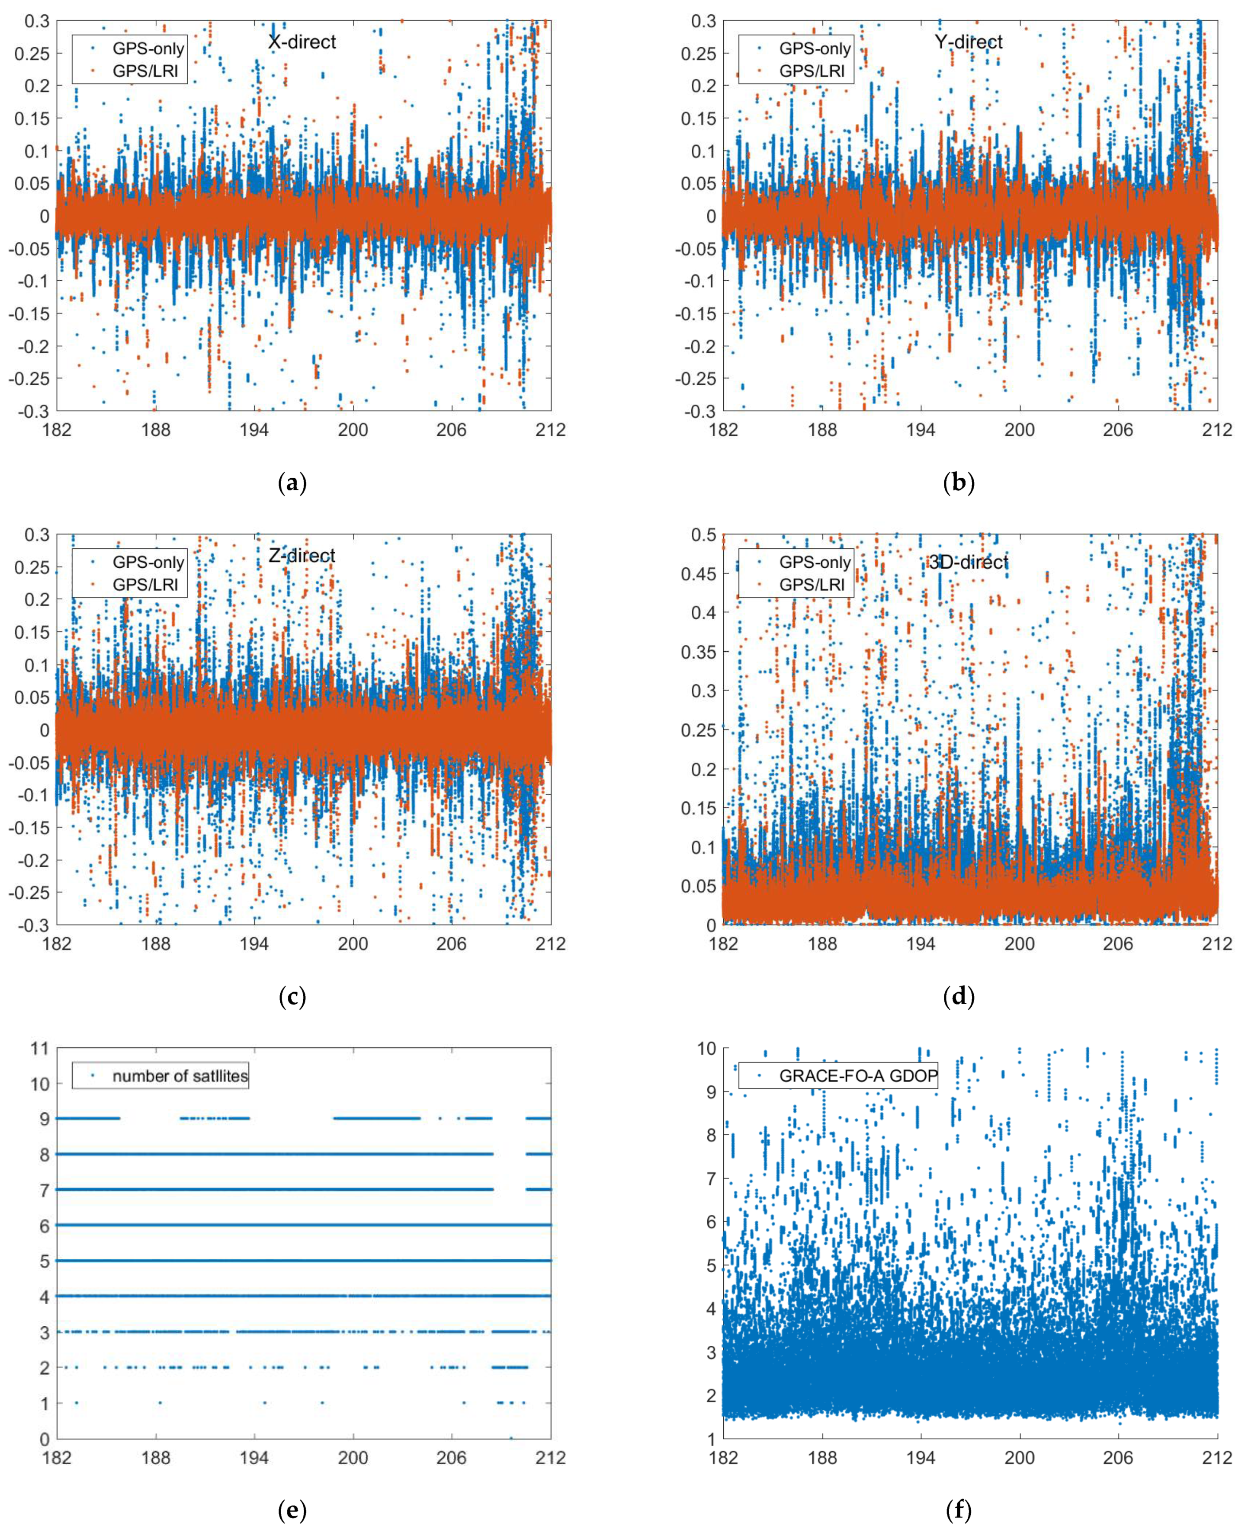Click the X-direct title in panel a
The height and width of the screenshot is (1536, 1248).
[x=302, y=42]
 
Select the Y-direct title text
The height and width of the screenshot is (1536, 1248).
[x=969, y=42]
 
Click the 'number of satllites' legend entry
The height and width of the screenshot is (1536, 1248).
[x=180, y=1076]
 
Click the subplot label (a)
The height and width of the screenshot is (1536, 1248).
[x=292, y=483]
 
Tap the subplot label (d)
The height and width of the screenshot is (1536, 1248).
[x=958, y=997]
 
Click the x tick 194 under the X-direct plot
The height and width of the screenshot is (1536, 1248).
[x=254, y=430]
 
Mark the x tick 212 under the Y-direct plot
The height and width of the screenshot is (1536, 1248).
[x=1216, y=430]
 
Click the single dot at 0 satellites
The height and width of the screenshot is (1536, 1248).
[x=511, y=1438]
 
